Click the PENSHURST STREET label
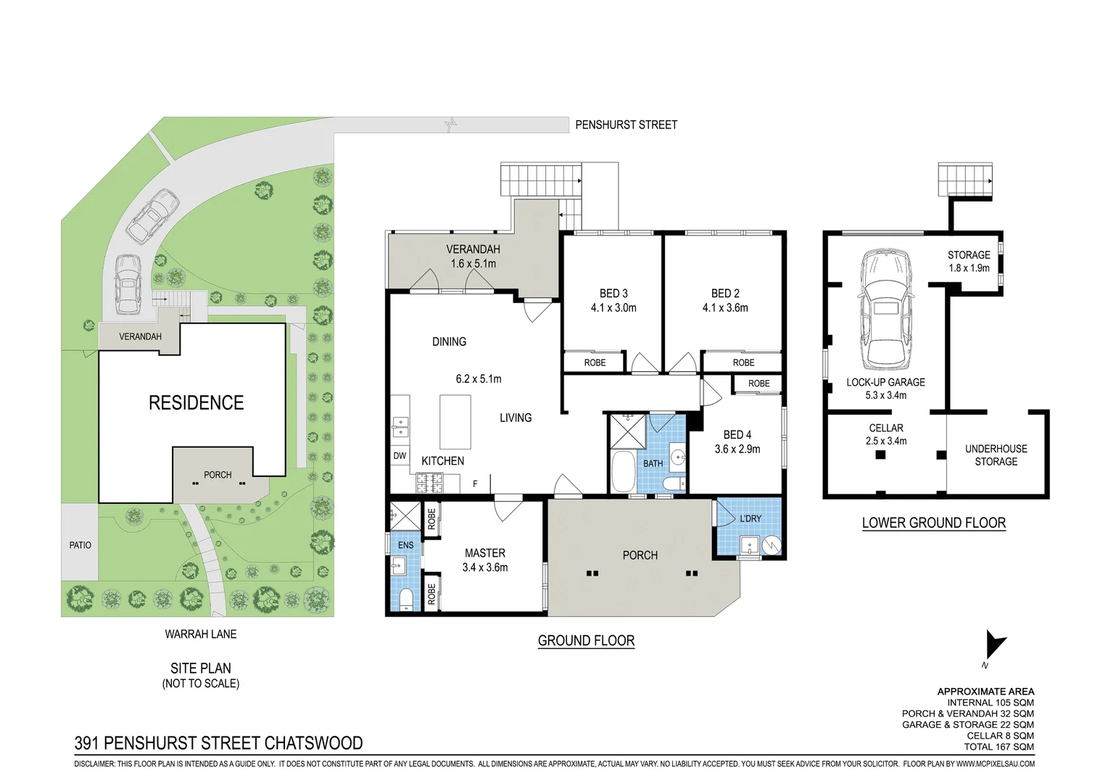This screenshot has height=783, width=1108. click(626, 125)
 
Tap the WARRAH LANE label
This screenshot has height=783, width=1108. click(201, 634)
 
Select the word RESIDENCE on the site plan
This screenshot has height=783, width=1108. click(197, 402)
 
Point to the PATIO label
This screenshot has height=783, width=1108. click(80, 545)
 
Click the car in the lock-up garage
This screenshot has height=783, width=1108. click(885, 310)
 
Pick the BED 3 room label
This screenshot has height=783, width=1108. click(613, 293)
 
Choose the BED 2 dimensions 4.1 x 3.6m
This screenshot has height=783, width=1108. click(725, 307)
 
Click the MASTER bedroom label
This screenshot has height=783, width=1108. click(484, 552)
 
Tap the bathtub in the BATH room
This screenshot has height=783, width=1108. click(624, 471)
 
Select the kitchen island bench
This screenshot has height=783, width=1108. click(455, 421)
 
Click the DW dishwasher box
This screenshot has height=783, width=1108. click(400, 456)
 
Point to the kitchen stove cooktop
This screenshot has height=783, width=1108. click(429, 484)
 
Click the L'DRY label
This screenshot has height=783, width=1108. click(751, 518)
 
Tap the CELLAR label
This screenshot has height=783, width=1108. click(886, 428)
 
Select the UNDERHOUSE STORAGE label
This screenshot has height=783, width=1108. click(996, 455)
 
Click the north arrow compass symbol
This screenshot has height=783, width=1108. click(995, 645)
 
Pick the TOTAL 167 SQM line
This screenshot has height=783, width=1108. click(999, 747)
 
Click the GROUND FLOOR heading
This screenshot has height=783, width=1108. click(586, 641)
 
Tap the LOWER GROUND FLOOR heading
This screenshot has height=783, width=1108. click(934, 523)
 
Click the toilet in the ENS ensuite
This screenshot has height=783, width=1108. click(405, 599)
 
